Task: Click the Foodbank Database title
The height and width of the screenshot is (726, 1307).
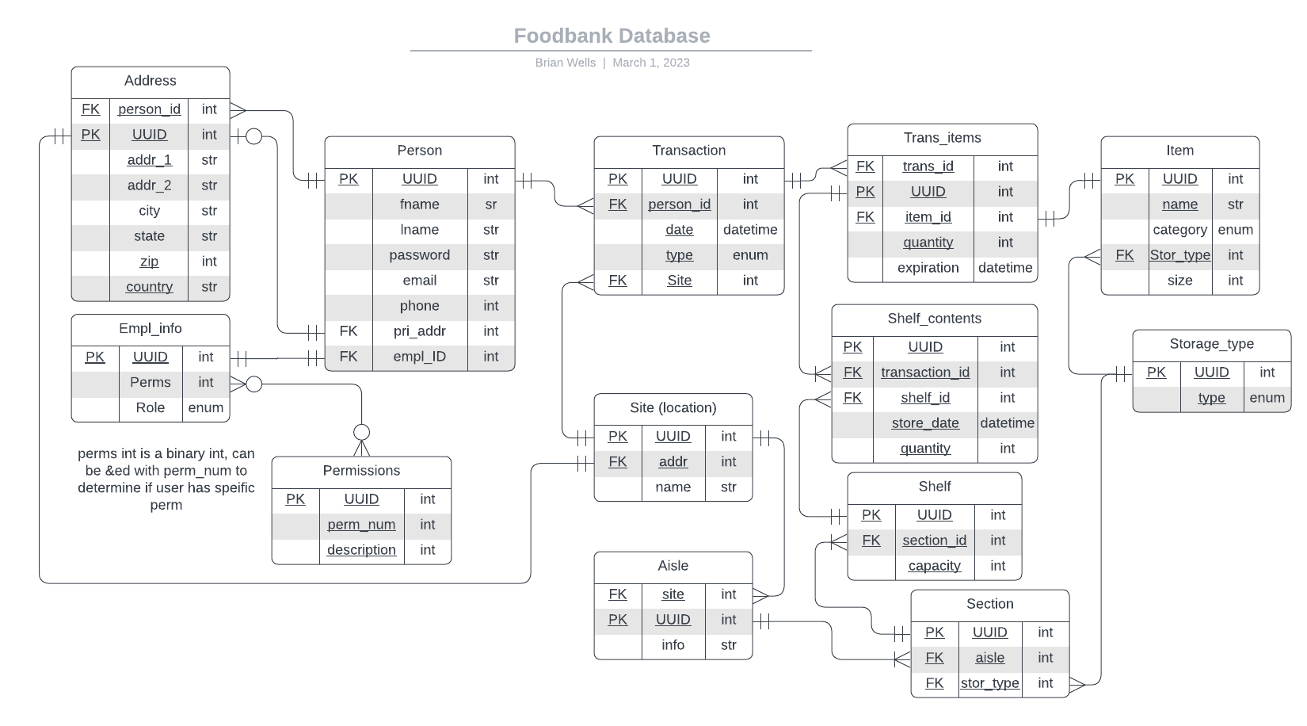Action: tap(612, 36)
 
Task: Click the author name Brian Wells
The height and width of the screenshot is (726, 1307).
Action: tap(565, 63)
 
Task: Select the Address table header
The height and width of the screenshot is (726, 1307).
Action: tap(151, 81)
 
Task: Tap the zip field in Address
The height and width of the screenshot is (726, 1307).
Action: tap(149, 262)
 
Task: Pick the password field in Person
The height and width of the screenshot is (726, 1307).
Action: tap(419, 255)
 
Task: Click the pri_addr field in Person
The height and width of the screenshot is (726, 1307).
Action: tap(419, 331)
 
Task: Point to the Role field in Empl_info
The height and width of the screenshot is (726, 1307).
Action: tap(150, 407)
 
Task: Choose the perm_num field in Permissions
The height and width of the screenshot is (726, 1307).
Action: tap(361, 525)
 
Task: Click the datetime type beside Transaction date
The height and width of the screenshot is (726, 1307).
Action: tap(750, 230)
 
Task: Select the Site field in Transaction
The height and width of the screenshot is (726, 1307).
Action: tap(679, 281)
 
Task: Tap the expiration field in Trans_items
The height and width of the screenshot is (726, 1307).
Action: tap(928, 268)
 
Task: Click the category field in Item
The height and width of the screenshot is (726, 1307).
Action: tap(1179, 230)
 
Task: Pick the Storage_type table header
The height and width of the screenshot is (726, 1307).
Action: tap(1211, 344)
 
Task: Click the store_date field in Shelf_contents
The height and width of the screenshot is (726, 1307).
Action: tap(925, 423)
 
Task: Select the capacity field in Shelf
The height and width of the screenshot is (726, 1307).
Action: tap(934, 566)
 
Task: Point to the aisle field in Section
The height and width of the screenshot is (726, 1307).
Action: tap(989, 658)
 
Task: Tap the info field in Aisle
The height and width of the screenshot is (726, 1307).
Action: tap(673, 645)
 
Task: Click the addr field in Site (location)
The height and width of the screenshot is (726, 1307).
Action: tap(673, 462)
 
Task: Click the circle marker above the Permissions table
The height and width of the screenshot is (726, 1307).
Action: tap(361, 432)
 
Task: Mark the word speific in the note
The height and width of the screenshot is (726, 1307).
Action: tap(233, 487)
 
